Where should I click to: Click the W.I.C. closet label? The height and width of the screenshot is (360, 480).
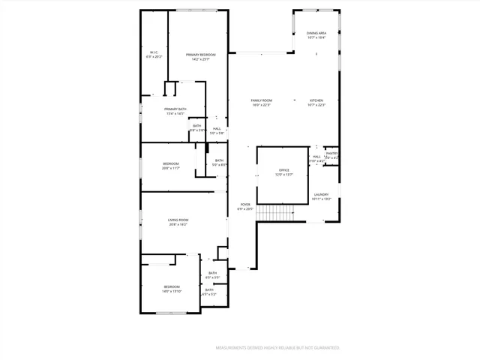pos(154,52)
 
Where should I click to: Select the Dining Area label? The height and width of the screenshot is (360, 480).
pos(316,33)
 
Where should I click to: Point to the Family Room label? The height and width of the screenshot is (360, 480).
pos(261,100)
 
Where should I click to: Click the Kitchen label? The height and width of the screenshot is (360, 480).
pos(316,100)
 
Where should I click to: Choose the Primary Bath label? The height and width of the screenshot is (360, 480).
pos(175,109)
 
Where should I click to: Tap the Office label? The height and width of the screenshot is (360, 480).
pos(284,170)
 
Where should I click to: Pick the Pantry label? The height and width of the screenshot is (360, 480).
pos(331,154)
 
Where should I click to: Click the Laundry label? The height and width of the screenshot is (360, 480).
pos(321,194)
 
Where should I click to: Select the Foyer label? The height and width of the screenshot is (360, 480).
pos(245,204)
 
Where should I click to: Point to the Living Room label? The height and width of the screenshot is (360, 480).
pos(178,220)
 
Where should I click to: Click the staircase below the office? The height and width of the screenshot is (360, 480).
pos(277,213)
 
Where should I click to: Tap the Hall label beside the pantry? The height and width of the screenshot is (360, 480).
pos(316,157)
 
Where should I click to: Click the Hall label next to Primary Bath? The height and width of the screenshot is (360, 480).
pos(217,128)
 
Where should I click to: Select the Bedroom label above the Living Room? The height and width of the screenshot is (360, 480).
pos(171,163)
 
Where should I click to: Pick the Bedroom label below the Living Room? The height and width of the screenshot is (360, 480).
pos(172,286)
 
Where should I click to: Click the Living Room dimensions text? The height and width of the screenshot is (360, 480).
pos(178,224)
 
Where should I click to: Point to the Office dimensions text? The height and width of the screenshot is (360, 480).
pos(284,175)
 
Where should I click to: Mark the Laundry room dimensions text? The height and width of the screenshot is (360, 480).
pos(321,199)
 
